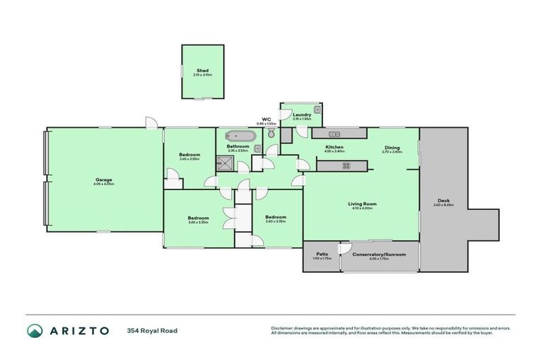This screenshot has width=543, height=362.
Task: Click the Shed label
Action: (202, 70)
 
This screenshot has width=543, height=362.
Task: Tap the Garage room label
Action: (104, 180)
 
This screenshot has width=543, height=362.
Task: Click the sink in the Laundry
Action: (317, 110)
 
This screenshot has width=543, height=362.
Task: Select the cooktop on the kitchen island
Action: (346, 165)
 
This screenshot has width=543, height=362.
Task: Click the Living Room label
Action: (361, 204)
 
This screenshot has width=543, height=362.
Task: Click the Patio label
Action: (322, 253)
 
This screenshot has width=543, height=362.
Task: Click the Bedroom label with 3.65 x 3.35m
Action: (198, 218)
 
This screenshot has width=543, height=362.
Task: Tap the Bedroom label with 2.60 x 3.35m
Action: (275, 217)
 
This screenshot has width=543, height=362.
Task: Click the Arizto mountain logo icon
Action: (34, 331)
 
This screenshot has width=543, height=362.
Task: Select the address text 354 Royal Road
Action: (152, 331)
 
